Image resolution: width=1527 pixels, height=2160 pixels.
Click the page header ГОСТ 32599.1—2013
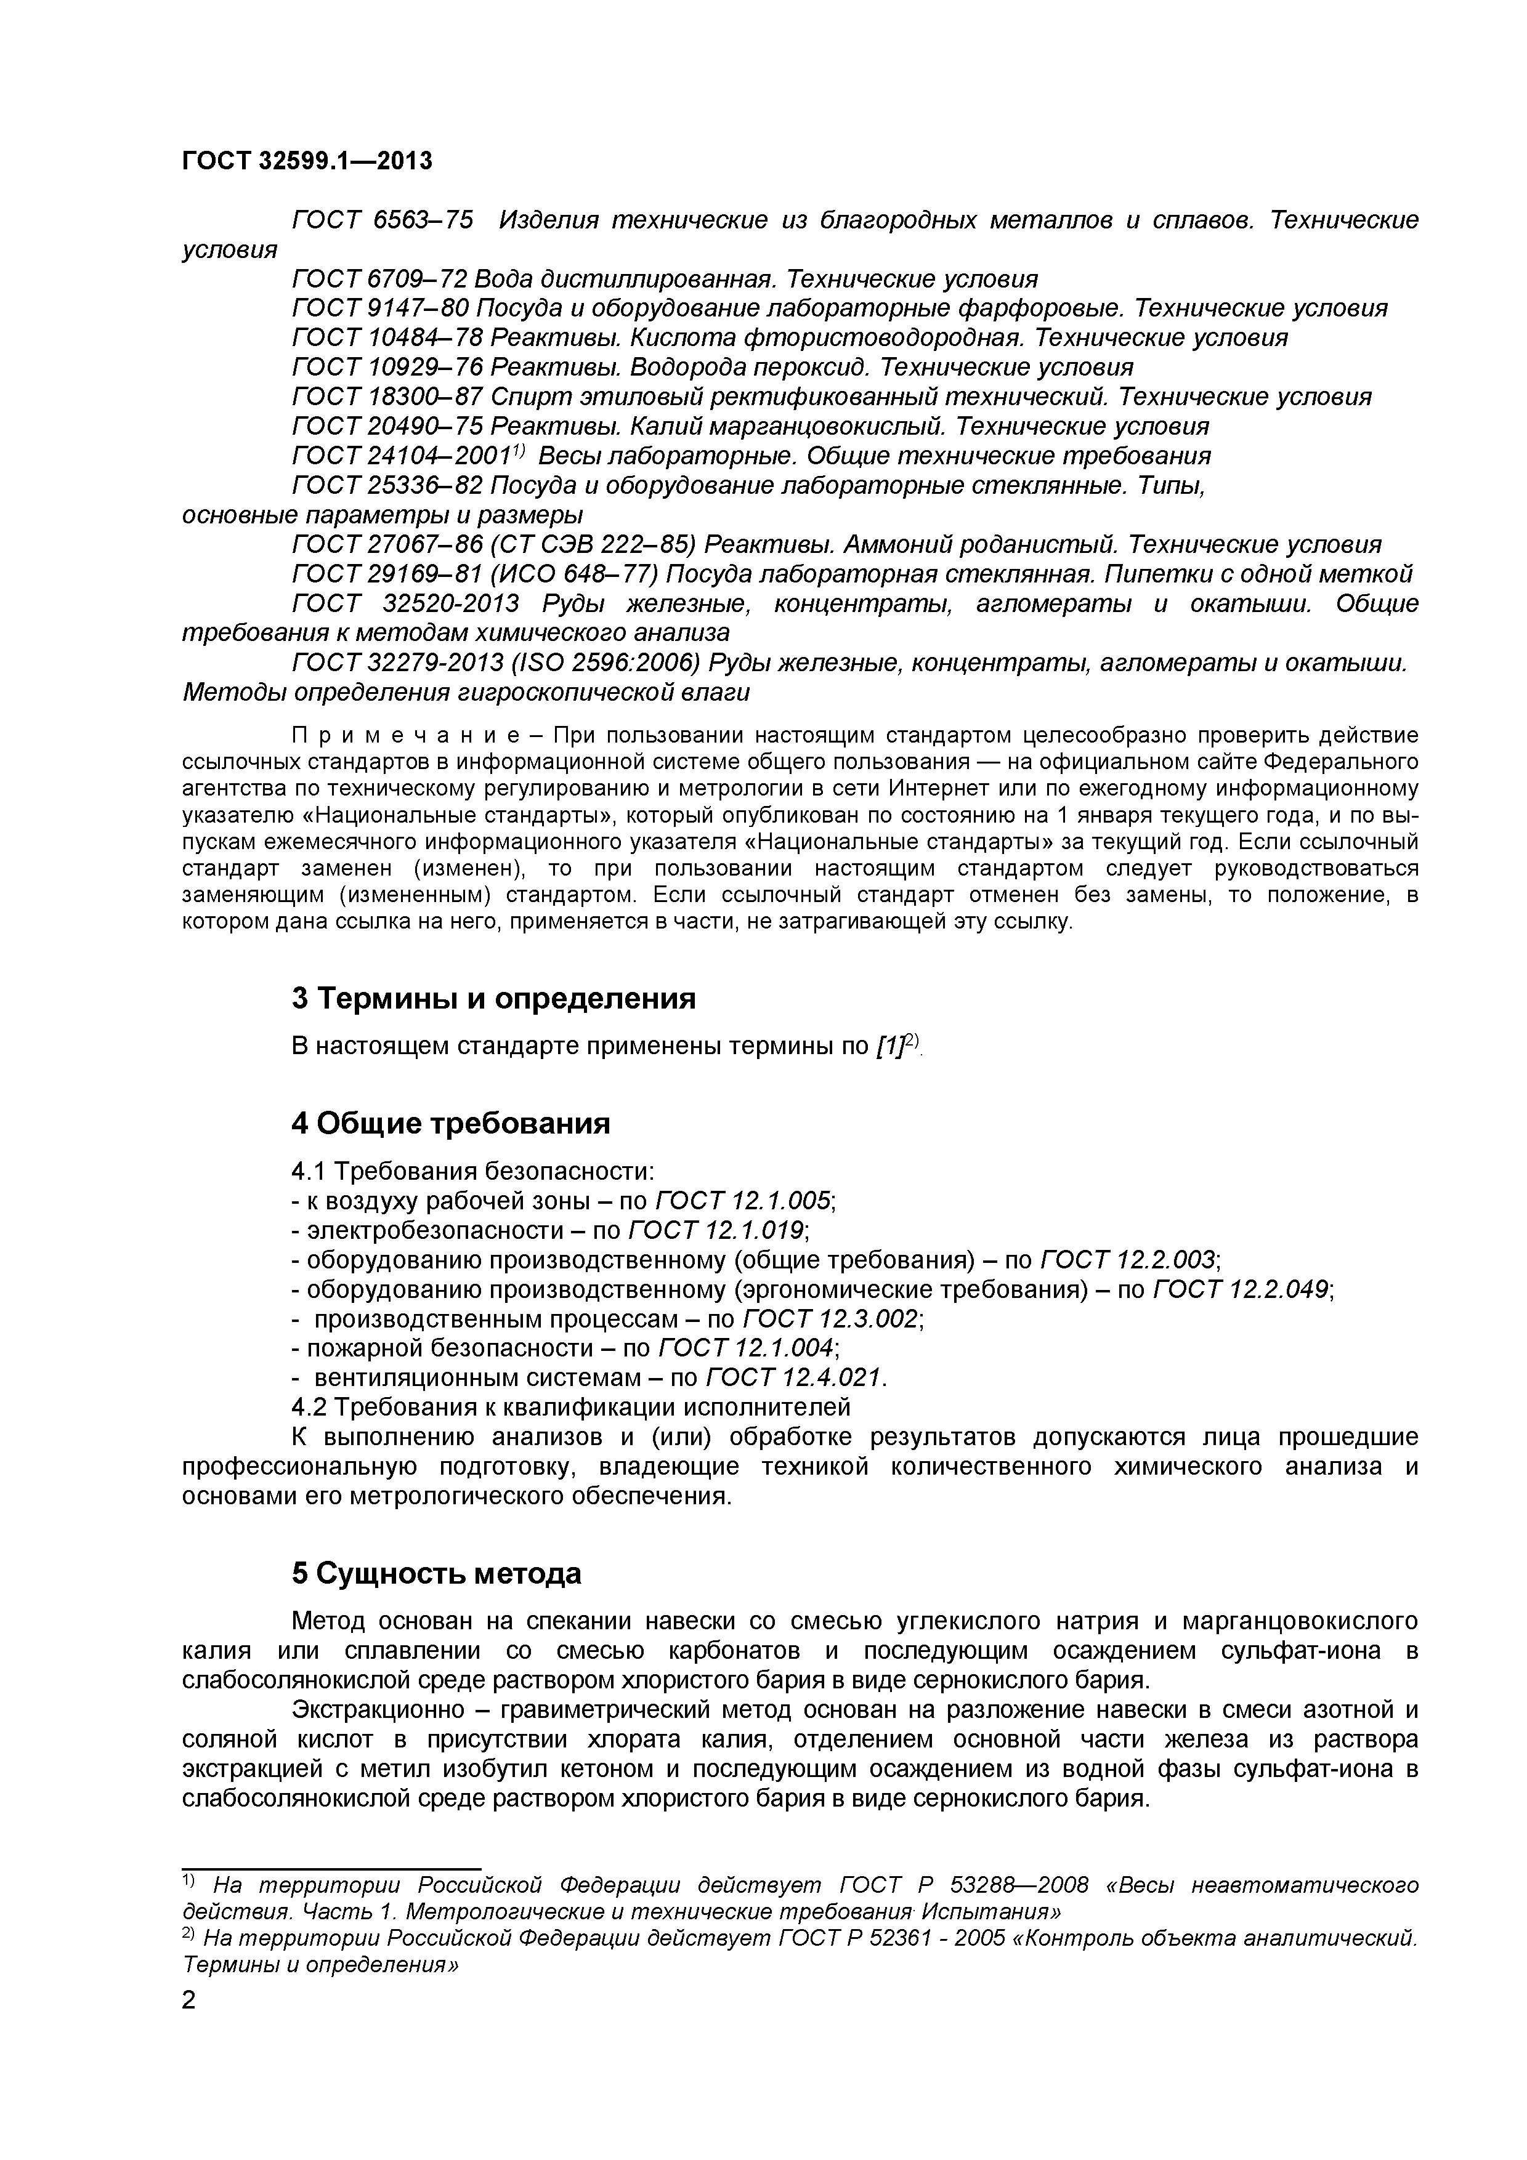[x=307, y=161]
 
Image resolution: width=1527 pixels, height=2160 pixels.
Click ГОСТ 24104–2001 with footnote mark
[x=408, y=456]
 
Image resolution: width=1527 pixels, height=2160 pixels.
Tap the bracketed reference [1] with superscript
[x=899, y=1046]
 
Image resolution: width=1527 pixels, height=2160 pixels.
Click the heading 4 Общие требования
[x=451, y=1123]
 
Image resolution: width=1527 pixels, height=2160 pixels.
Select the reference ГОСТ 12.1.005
[x=743, y=1201]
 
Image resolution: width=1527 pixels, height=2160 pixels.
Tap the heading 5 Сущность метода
[x=437, y=1574]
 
